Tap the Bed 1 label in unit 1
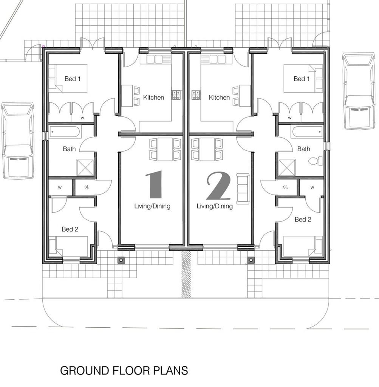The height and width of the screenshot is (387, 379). [x=72, y=79]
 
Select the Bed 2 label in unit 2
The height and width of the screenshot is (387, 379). [x=303, y=220]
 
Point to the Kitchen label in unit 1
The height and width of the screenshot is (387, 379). [x=153, y=98]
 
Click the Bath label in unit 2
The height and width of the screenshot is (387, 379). [x=303, y=149]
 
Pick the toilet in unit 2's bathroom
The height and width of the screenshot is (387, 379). [x=316, y=161]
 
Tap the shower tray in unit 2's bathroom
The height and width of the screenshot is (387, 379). [x=286, y=168]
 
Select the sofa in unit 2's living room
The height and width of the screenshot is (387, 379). [x=243, y=189]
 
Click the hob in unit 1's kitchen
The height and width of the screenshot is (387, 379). [x=176, y=95]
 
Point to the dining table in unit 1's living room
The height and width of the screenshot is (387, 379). [x=165, y=149]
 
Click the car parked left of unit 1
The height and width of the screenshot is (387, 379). [x=18, y=140]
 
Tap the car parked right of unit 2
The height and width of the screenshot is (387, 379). [x=359, y=91]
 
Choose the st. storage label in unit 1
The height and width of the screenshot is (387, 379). [x=87, y=187]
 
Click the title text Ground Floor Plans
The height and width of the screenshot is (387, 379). [x=124, y=371]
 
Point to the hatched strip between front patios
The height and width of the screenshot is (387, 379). [x=186, y=274]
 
